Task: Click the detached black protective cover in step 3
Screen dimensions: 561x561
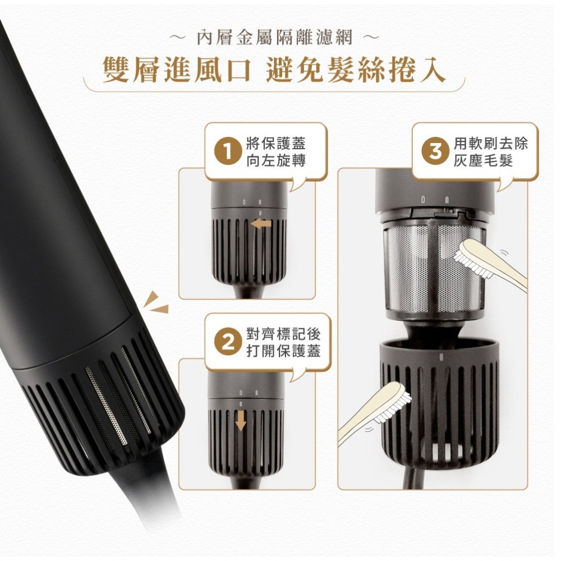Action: point(439,404)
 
